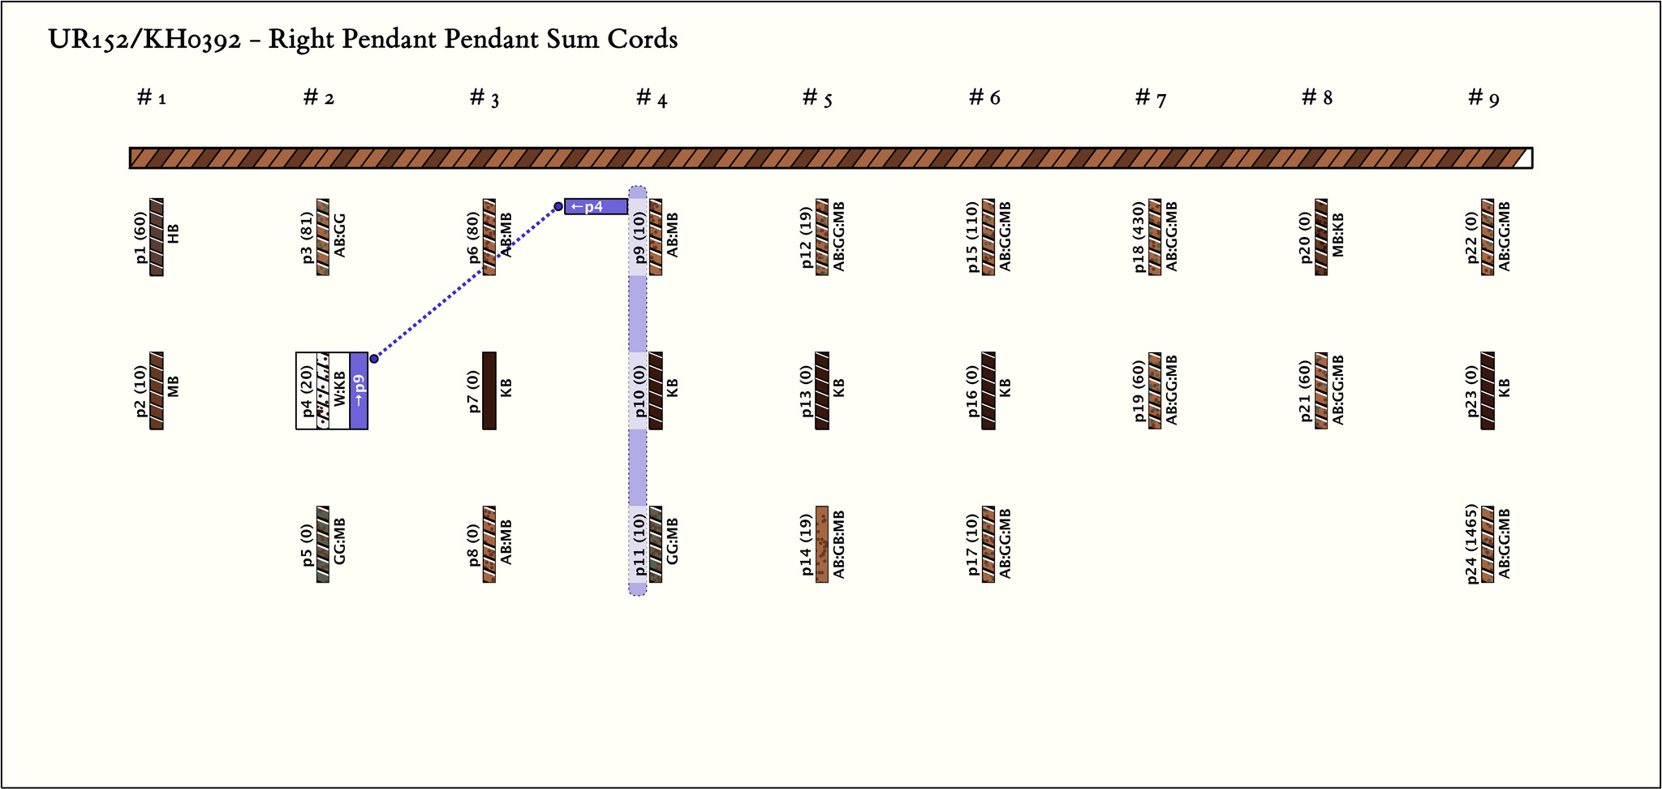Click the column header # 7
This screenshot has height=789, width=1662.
pyautogui.click(x=1150, y=98)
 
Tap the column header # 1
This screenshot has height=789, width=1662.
pyautogui.click(x=152, y=98)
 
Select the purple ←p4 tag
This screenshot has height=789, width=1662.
pyautogui.click(x=596, y=206)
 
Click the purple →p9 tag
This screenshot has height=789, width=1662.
pyautogui.click(x=359, y=390)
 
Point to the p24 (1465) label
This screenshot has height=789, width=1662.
pyautogui.click(x=1472, y=544)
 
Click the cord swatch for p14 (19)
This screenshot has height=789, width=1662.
pyautogui.click(x=822, y=545)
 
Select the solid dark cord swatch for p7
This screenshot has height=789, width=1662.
pyautogui.click(x=489, y=390)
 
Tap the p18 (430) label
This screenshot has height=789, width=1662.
pyautogui.click(x=1139, y=237)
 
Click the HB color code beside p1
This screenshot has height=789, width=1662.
pyautogui.click(x=174, y=234)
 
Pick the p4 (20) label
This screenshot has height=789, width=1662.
pyautogui.click(x=307, y=390)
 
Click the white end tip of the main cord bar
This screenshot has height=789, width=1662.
pyautogui.click(x=1523, y=158)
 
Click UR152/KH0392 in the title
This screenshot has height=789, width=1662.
pyautogui.click(x=144, y=39)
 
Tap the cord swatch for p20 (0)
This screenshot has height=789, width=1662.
pyautogui.click(x=1321, y=237)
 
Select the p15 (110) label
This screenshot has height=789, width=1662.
pyautogui.click(x=973, y=237)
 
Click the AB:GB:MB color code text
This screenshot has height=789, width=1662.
pyautogui.click(x=839, y=545)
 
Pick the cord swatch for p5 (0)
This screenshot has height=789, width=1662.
pyautogui.click(x=323, y=545)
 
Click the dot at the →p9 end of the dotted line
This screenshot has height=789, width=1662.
pyautogui.click(x=374, y=358)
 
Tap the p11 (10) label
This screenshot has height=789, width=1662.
pyautogui.click(x=639, y=545)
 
